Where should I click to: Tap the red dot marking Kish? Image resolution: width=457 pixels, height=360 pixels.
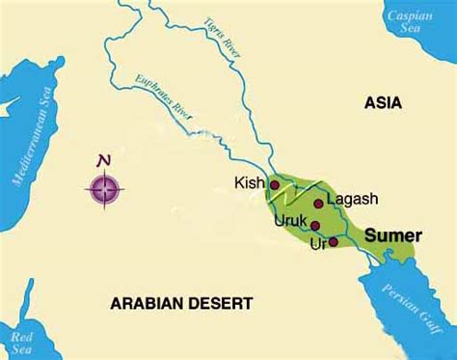point(275,184)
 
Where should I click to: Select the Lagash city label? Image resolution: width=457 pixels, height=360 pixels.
point(352,200)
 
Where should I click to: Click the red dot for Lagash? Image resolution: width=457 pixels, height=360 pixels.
point(318,205)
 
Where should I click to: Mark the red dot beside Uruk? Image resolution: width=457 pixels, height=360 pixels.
point(314,226)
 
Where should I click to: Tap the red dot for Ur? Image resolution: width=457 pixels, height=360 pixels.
point(333,241)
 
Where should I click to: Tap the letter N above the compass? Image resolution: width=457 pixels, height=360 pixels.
point(104,160)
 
